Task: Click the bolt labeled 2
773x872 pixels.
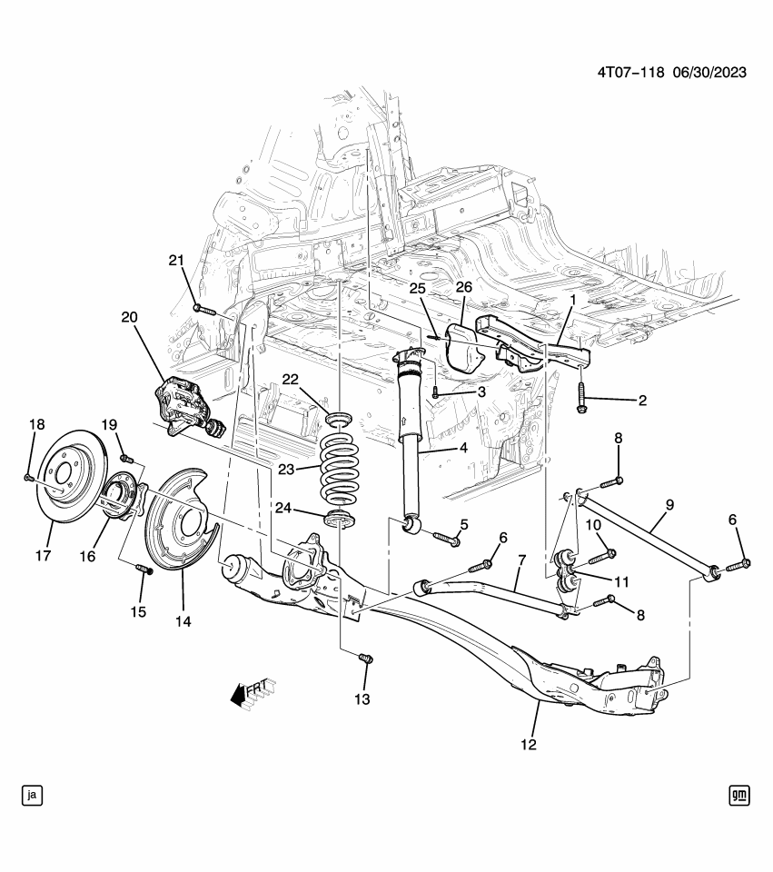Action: click(581, 398)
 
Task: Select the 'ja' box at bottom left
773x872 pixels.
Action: click(33, 796)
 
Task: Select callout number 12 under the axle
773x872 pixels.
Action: click(529, 745)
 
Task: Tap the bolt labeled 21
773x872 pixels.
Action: click(203, 309)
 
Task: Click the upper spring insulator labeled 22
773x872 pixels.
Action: click(340, 418)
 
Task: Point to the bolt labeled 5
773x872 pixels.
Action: click(447, 539)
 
